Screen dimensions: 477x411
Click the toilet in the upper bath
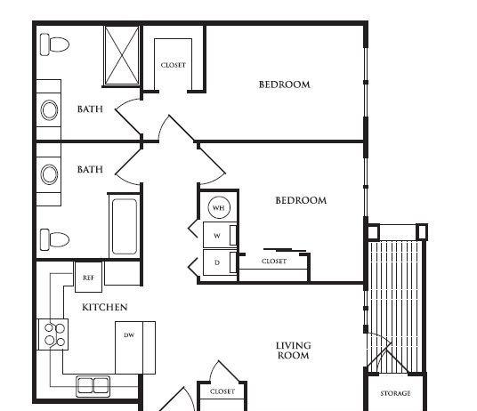55,44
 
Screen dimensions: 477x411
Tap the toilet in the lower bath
55,239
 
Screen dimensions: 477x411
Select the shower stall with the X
122,55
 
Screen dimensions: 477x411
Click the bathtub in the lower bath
125,226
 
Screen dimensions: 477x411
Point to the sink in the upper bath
49,109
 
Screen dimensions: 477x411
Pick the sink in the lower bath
49,174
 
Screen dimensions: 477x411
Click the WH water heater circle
219,207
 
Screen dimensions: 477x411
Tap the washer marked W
220,235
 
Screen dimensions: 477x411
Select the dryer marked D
220,262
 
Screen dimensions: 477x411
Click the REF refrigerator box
88,277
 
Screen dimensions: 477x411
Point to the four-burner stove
53,334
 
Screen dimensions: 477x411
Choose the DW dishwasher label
129,335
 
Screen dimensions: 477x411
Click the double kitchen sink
93,386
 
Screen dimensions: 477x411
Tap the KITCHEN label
105,307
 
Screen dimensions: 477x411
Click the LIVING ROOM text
294,351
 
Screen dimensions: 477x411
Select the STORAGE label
395,393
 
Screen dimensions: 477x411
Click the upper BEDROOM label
285,85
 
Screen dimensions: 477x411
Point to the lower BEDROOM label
301,200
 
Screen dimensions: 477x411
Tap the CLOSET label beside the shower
174,65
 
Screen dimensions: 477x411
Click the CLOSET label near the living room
222,391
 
